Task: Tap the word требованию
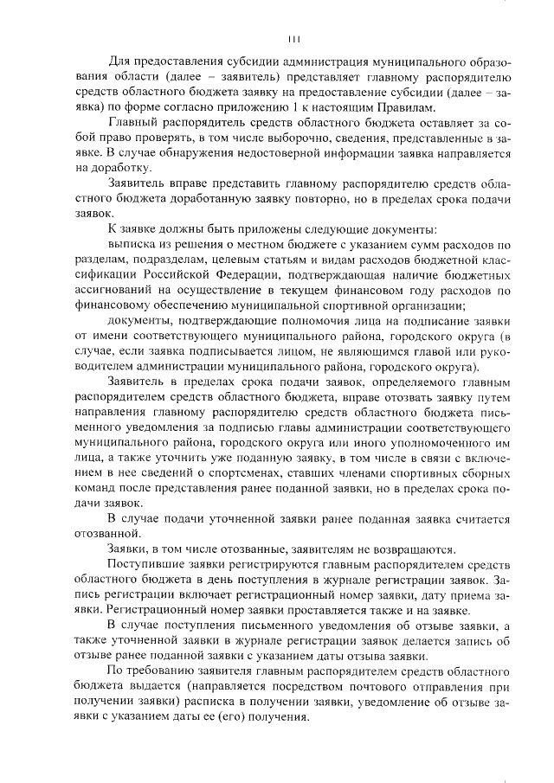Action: pos(166,671)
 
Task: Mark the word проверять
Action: pos(247,138)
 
